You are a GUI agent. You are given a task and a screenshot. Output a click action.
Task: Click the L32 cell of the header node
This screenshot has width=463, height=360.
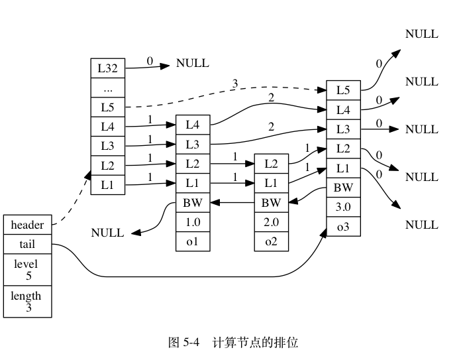click(108, 68)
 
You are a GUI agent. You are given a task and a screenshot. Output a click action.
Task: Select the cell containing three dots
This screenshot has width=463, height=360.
click(108, 88)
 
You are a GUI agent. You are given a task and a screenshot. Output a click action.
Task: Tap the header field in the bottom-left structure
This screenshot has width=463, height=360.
click(27, 225)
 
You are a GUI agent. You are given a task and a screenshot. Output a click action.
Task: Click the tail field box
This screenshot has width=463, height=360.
click(27, 244)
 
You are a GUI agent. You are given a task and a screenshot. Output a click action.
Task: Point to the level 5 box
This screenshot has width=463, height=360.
click(27, 270)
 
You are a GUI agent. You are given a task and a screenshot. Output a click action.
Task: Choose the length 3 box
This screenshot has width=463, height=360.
click(27, 302)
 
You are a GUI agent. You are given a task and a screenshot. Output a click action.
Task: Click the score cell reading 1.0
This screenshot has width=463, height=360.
click(193, 222)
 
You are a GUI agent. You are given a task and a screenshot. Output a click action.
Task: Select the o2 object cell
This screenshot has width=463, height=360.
click(272, 241)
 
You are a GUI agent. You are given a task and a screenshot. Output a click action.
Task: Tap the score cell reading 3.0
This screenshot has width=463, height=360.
click(343, 207)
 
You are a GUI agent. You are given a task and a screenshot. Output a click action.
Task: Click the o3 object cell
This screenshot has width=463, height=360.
click(343, 226)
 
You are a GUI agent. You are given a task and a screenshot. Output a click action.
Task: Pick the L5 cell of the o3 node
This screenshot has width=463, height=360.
click(343, 90)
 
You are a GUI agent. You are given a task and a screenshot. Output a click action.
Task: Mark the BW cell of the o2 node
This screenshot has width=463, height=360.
click(272, 203)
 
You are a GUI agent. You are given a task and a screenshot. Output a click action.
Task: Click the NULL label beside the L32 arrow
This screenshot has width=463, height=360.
click(193, 63)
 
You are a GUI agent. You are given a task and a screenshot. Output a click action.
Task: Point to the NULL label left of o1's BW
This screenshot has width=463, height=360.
click(107, 233)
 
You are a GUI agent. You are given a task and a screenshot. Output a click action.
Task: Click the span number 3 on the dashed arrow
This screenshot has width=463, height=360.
click(234, 84)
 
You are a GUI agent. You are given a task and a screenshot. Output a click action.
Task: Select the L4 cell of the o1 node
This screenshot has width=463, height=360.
click(193, 125)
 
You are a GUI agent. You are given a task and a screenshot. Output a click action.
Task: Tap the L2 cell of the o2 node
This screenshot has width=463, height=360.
click(272, 164)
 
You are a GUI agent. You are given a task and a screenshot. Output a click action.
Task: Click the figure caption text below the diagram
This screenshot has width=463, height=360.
click(233, 343)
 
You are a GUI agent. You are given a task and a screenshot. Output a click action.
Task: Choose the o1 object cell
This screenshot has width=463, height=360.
click(193, 241)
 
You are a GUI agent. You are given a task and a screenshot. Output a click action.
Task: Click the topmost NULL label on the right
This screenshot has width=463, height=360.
click(422, 34)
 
